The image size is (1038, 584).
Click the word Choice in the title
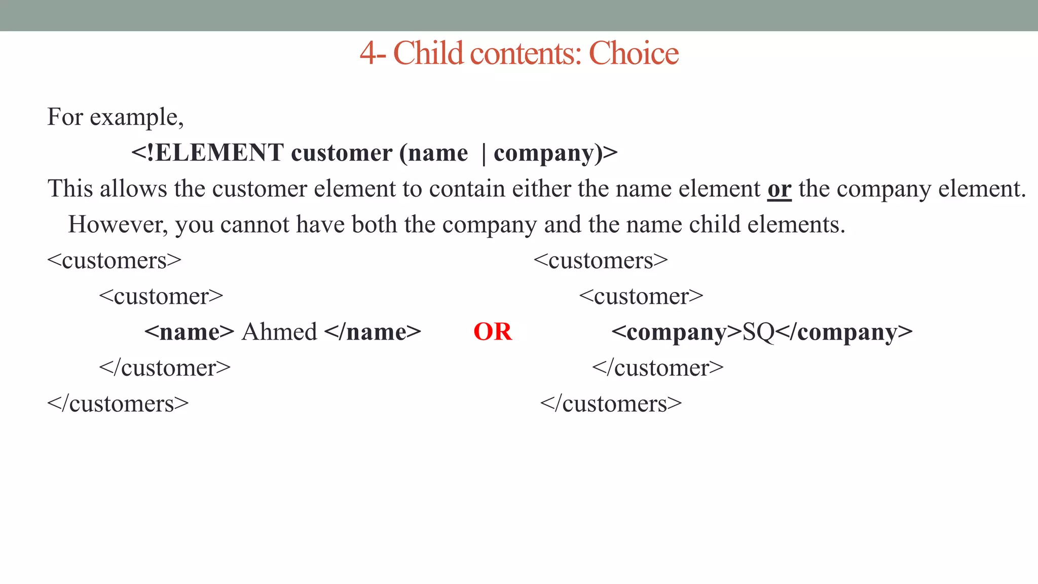tap(634, 53)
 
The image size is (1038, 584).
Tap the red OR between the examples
tap(493, 332)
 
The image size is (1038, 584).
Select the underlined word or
tap(779, 189)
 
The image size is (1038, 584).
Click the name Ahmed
tap(279, 332)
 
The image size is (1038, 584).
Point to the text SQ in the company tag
tap(758, 332)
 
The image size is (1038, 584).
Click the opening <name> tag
tap(189, 332)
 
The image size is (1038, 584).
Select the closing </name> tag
tap(373, 332)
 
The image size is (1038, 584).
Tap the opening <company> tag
tap(677, 332)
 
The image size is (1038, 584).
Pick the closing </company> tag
tap(844, 332)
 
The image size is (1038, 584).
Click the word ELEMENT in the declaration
tap(219, 153)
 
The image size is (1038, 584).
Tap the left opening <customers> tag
tap(114, 261)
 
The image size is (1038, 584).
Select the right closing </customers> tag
tap(611, 404)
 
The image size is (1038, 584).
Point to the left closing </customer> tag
tap(165, 368)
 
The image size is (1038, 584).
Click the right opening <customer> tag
tap(641, 297)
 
